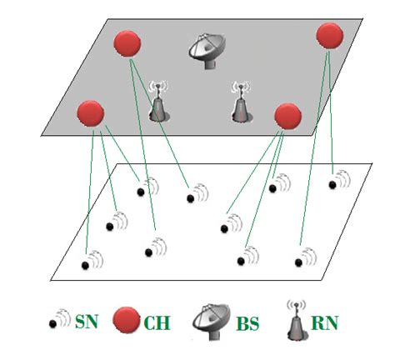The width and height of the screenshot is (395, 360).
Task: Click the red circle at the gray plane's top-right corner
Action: pyautogui.click(x=330, y=35)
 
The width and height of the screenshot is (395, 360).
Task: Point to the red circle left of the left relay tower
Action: pyautogui.click(x=89, y=112)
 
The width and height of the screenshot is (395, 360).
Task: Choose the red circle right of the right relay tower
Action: pyautogui.click(x=287, y=116)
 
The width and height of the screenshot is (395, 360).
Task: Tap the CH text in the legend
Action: pyautogui.click(x=156, y=320)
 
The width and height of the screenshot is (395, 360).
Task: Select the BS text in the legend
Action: pyautogui.click(x=249, y=320)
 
